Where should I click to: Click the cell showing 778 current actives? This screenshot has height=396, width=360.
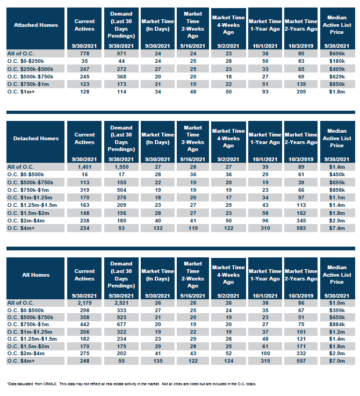click(x=84, y=54)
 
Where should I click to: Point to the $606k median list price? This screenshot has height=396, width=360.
click(x=337, y=54)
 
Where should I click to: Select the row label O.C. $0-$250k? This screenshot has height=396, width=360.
click(x=25, y=61)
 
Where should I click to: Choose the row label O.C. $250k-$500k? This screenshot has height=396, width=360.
click(x=30, y=69)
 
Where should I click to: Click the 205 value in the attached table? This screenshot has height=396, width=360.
click(x=301, y=92)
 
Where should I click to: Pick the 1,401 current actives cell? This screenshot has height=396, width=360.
click(x=84, y=167)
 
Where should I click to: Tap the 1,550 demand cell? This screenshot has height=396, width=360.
click(x=121, y=167)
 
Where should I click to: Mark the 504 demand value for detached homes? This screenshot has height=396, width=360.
click(x=121, y=190)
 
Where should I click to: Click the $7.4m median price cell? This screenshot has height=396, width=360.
click(x=337, y=228)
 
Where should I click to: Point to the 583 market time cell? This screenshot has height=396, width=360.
click(x=301, y=228)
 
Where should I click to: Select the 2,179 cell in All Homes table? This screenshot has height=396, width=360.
click(x=84, y=303)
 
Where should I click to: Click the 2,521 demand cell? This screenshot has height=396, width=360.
click(x=121, y=303)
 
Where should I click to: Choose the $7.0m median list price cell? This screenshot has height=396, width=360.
click(x=337, y=361)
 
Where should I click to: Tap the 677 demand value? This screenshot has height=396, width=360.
click(x=121, y=325)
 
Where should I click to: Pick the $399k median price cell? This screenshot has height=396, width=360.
click(x=337, y=311)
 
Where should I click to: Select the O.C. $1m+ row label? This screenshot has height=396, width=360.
click(x=21, y=92)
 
